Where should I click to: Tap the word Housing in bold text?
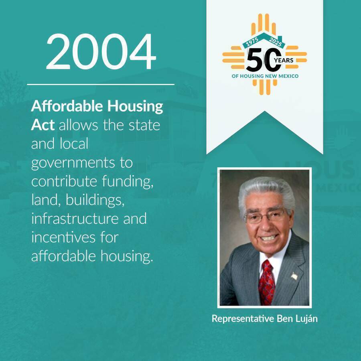135,107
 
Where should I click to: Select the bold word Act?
43,125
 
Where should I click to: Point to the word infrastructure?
75,219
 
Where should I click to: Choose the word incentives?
63,237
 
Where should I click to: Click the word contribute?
64,181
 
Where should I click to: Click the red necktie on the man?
266,283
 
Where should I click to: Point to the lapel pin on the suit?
294,276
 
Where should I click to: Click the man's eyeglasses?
265,216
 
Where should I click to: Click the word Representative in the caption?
243,319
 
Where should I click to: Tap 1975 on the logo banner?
253,42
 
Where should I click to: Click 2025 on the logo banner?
275,42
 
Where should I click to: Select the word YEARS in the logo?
284,60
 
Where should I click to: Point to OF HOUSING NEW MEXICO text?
265,76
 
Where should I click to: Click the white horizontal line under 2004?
101,85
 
